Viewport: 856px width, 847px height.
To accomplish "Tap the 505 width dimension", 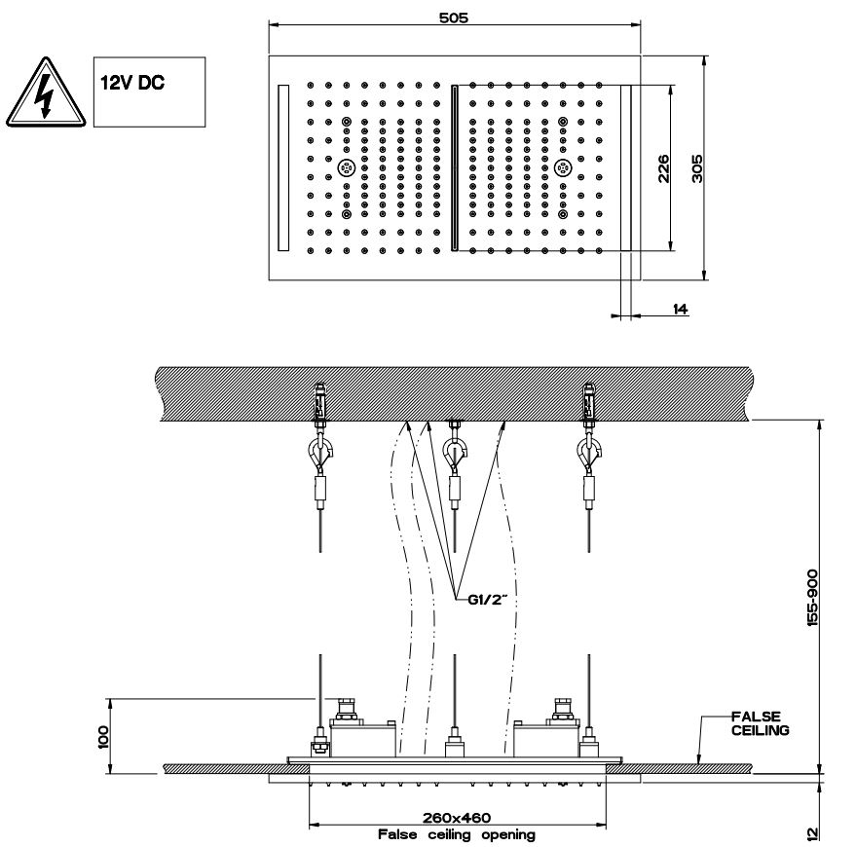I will [454, 18].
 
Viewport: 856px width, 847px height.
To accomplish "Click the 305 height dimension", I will [697, 167].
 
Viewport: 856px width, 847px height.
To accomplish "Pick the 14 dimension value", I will [680, 309].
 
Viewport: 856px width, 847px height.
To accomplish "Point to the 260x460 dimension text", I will [457, 819].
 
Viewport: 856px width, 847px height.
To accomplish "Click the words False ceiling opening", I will [457, 834].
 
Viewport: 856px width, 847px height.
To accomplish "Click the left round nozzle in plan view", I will [347, 167].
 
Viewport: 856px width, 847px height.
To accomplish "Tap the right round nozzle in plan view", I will [563, 167].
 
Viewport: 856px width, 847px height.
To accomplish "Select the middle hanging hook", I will [454, 451].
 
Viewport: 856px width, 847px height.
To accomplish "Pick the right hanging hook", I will [588, 450].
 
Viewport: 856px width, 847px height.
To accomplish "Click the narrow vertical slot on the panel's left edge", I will [283, 167].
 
